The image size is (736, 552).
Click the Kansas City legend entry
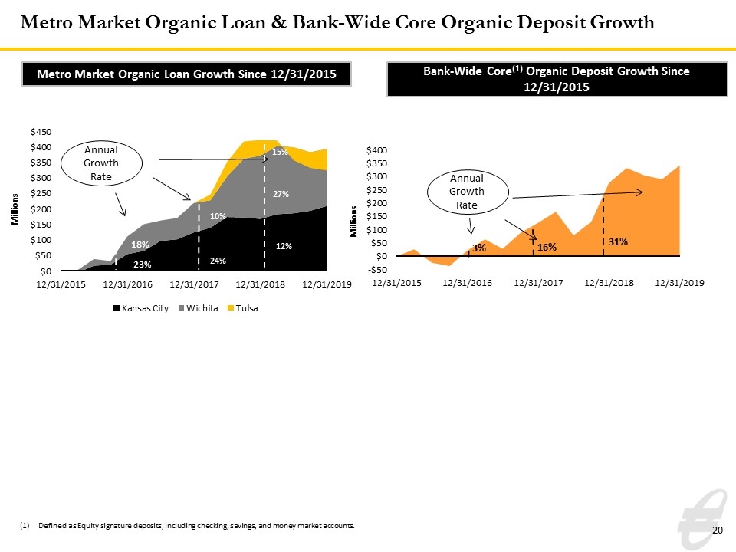click(x=141, y=308)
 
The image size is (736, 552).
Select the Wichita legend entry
click(x=199, y=308)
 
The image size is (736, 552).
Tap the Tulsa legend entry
click(x=243, y=308)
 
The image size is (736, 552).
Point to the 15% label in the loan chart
click(x=281, y=152)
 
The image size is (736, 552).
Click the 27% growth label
click(x=281, y=194)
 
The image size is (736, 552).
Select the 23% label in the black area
click(x=143, y=264)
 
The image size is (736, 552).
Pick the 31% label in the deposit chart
click(x=618, y=242)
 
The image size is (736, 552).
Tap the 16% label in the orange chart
click(x=547, y=248)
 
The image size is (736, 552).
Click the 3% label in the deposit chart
click(x=479, y=248)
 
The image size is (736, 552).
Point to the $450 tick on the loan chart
click(x=41, y=132)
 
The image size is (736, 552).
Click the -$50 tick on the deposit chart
click(x=377, y=270)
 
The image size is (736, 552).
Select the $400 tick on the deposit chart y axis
click(x=377, y=150)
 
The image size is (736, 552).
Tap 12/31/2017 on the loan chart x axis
click(x=194, y=284)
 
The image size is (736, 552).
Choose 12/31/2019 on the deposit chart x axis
click(x=680, y=283)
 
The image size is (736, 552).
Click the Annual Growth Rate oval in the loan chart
click(x=101, y=141)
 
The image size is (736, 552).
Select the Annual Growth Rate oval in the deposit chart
click(x=468, y=170)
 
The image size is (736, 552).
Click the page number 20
click(x=718, y=531)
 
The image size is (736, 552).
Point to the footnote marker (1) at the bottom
click(x=25, y=526)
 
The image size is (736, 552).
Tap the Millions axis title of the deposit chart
click(x=354, y=222)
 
